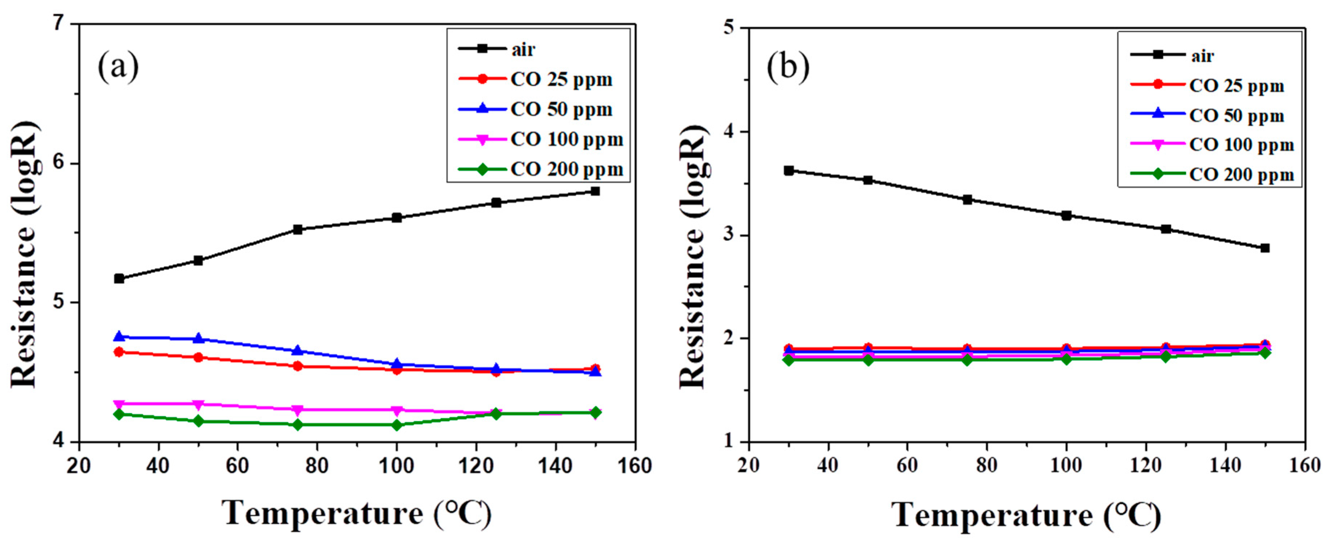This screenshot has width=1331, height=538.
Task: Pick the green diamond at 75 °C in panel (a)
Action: (297, 425)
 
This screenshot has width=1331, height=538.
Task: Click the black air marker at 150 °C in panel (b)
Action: (1265, 248)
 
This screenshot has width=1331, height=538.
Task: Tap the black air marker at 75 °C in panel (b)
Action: (968, 200)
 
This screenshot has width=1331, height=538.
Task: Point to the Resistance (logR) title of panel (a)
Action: (24, 255)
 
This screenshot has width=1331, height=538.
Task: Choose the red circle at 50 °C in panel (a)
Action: (198, 357)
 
